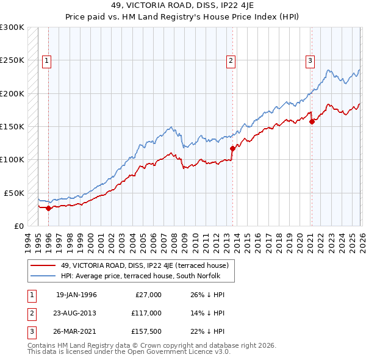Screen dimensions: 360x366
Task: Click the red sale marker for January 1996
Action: click(49, 208)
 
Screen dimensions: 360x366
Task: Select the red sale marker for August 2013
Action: click(232, 148)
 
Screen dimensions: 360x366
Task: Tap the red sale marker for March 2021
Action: click(312, 121)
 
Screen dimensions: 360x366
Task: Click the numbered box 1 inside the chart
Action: click(47, 60)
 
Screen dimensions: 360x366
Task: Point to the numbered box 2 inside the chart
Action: click(231, 60)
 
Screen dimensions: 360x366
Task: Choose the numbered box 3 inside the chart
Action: click(310, 60)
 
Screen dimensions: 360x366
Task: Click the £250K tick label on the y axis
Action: click(12, 60)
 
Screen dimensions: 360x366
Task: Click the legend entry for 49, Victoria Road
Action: click(144, 265)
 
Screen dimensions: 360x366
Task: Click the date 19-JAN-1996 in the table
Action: click(76, 295)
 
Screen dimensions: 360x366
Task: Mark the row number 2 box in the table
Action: click(30, 312)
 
